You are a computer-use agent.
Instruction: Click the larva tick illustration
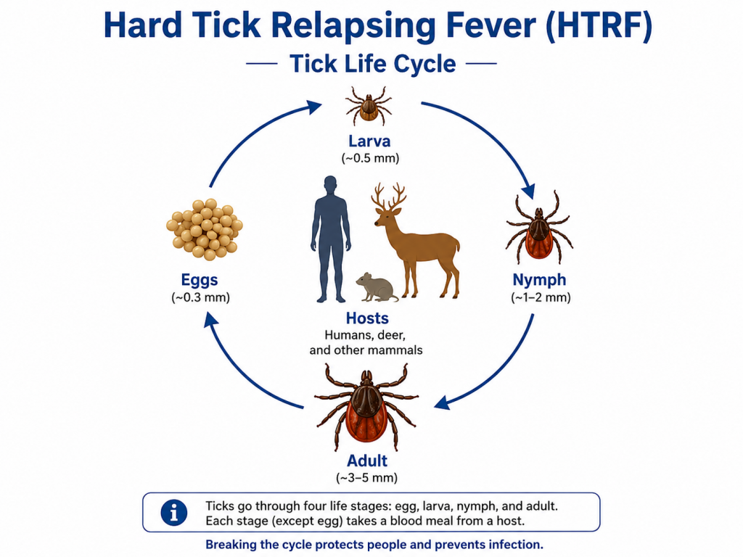368,106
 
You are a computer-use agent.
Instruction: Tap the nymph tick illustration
539,228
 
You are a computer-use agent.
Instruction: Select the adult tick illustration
366,408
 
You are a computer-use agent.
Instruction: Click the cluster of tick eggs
205,228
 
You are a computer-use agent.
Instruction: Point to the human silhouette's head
331,185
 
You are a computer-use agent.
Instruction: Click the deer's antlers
389,196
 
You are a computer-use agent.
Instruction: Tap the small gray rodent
377,287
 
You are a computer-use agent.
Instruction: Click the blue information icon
174,513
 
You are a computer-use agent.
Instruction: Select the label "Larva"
369,141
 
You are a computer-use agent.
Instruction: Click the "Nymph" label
539,279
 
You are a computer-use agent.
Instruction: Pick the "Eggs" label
200,280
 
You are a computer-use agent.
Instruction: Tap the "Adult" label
367,461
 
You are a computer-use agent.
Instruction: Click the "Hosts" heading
367,318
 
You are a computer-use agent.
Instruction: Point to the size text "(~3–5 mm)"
366,478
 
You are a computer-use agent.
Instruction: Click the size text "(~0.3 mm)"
200,297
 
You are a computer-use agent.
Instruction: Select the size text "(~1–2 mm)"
541,297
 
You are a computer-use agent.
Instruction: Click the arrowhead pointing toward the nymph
529,191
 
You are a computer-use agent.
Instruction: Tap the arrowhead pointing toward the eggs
210,320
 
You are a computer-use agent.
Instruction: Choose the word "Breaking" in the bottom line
230,545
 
